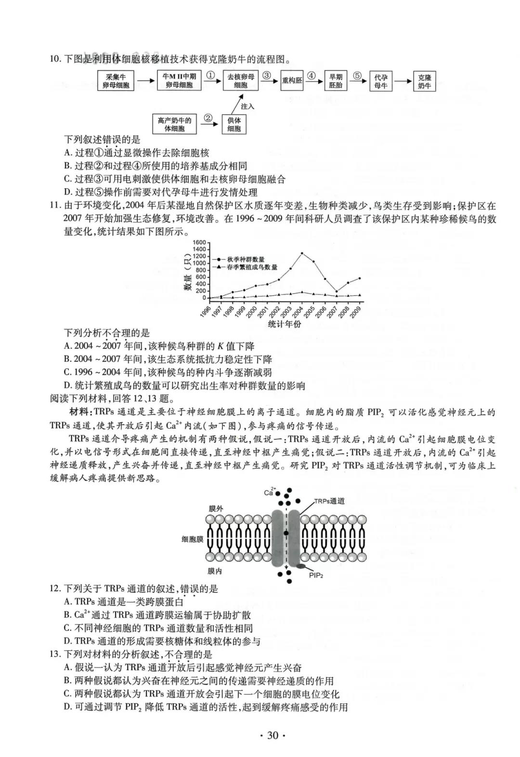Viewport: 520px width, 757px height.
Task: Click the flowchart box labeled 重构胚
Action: click(x=292, y=80)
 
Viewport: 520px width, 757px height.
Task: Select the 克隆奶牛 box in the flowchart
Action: click(x=424, y=81)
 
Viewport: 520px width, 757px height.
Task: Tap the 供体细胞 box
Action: click(x=234, y=125)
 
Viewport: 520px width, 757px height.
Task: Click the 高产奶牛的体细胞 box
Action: click(x=174, y=125)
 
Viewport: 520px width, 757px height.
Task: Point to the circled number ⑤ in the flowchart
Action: click(x=357, y=75)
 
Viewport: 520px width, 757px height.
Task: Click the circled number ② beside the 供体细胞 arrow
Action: click(x=208, y=117)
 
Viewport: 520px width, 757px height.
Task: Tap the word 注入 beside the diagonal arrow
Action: click(x=247, y=106)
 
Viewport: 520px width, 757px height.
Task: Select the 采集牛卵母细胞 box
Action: click(x=116, y=81)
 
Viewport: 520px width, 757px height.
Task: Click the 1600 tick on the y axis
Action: click(x=199, y=243)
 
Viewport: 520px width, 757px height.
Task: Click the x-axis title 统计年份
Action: click(x=285, y=324)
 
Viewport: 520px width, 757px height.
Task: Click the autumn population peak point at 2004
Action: click(x=302, y=253)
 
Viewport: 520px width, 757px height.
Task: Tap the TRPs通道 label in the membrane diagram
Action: click(x=330, y=501)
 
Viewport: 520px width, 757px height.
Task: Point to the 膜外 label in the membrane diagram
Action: click(x=215, y=509)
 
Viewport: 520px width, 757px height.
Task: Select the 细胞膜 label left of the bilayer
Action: click(x=192, y=539)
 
